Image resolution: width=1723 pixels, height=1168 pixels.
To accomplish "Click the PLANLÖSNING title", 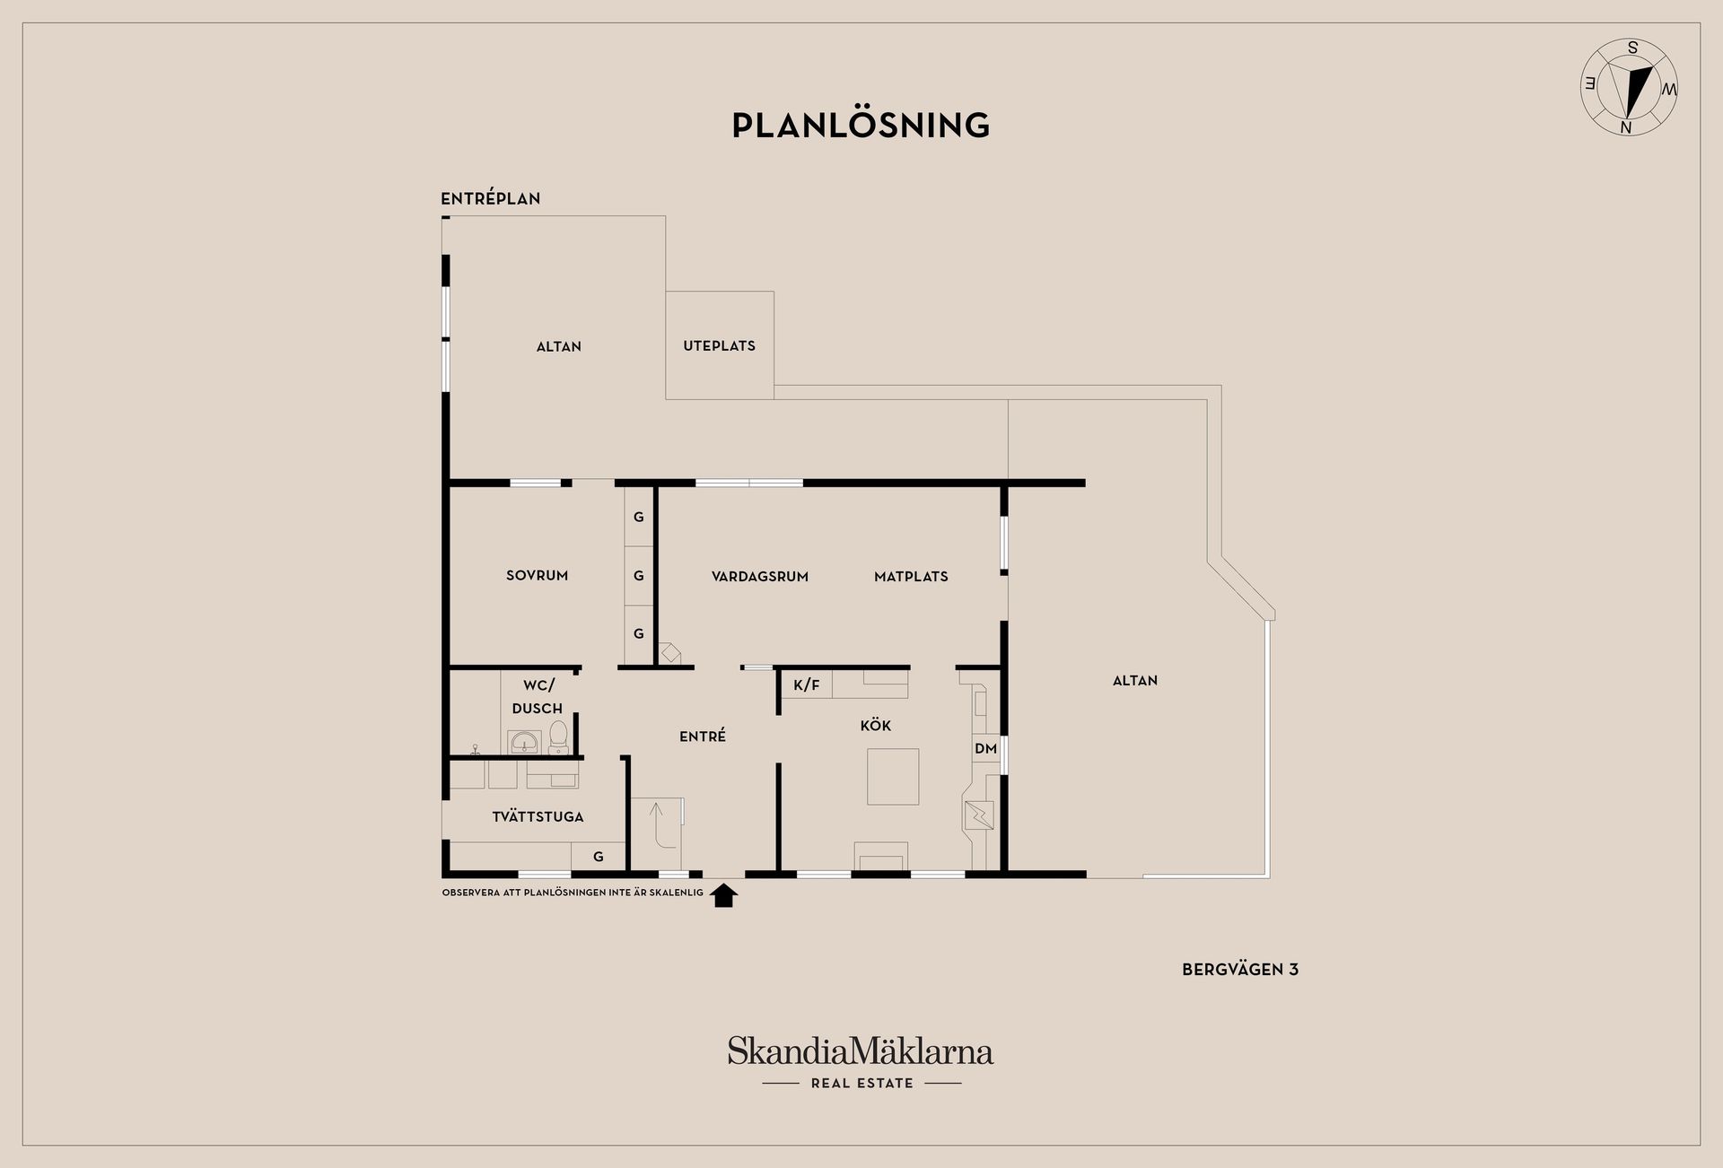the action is [x=861, y=126].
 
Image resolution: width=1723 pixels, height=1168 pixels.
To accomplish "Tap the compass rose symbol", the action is [x=1629, y=87].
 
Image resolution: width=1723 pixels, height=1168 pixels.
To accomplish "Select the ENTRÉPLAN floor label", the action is [x=490, y=198].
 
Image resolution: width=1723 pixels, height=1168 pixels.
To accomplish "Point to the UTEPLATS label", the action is [x=719, y=345].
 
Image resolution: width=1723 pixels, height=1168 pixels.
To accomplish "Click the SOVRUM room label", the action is [x=537, y=575].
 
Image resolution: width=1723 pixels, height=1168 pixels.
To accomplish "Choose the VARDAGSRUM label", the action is [x=760, y=576].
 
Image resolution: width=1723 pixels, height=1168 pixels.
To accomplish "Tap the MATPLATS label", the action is [x=911, y=576].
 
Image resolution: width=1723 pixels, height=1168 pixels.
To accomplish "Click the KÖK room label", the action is [x=875, y=725].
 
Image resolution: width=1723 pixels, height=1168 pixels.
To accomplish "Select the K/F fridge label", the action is [x=807, y=685].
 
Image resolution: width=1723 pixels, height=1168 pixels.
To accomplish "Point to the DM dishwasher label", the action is [x=985, y=748].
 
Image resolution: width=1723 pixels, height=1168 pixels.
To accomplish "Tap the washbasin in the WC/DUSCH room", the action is [x=524, y=743].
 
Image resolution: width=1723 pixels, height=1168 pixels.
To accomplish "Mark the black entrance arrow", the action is [x=724, y=895].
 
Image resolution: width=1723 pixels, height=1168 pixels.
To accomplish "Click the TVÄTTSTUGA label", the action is [x=538, y=816].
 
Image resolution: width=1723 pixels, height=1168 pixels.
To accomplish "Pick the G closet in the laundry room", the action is [x=599, y=857].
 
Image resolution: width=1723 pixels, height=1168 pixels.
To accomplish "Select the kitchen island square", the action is [x=893, y=776].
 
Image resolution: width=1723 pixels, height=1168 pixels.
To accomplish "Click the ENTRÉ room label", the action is [x=702, y=736].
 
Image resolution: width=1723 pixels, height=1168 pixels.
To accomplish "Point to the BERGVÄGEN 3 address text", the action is [x=1240, y=969].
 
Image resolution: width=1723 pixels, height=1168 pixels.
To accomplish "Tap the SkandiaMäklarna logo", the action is [x=861, y=1063].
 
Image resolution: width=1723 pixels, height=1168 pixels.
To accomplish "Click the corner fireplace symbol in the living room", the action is [x=669, y=652].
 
